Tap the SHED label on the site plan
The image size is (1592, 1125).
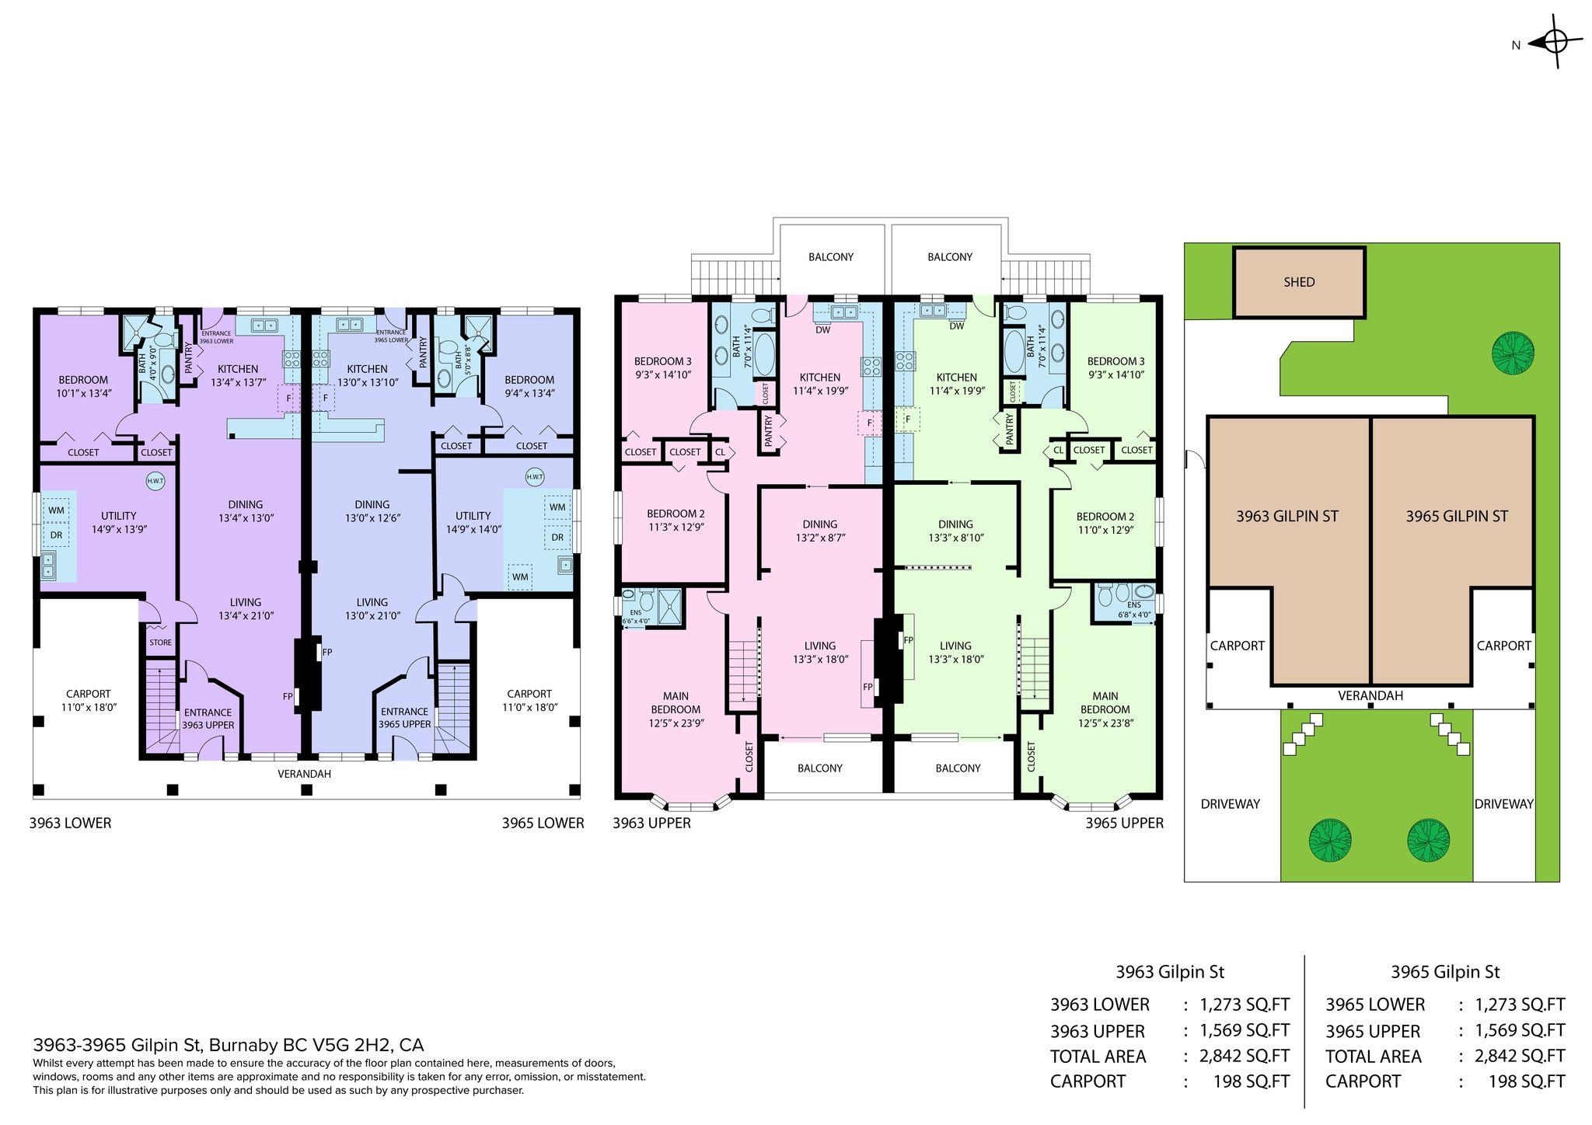1299,283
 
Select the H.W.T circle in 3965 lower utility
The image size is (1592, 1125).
534,476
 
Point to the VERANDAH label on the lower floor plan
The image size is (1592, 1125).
305,774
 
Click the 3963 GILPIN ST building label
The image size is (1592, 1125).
1287,516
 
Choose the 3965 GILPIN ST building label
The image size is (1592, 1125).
1456,516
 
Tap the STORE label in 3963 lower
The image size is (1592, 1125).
160,643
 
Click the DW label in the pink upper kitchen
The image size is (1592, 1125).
822,329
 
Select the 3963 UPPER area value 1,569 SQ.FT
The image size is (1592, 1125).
1245,1030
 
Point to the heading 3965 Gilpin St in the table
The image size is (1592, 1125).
1445,972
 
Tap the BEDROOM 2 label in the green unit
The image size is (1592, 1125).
1105,517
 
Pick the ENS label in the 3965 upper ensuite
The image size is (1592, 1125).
1134,604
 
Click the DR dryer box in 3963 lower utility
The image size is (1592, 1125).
56,535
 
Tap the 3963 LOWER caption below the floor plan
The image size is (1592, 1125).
70,823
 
